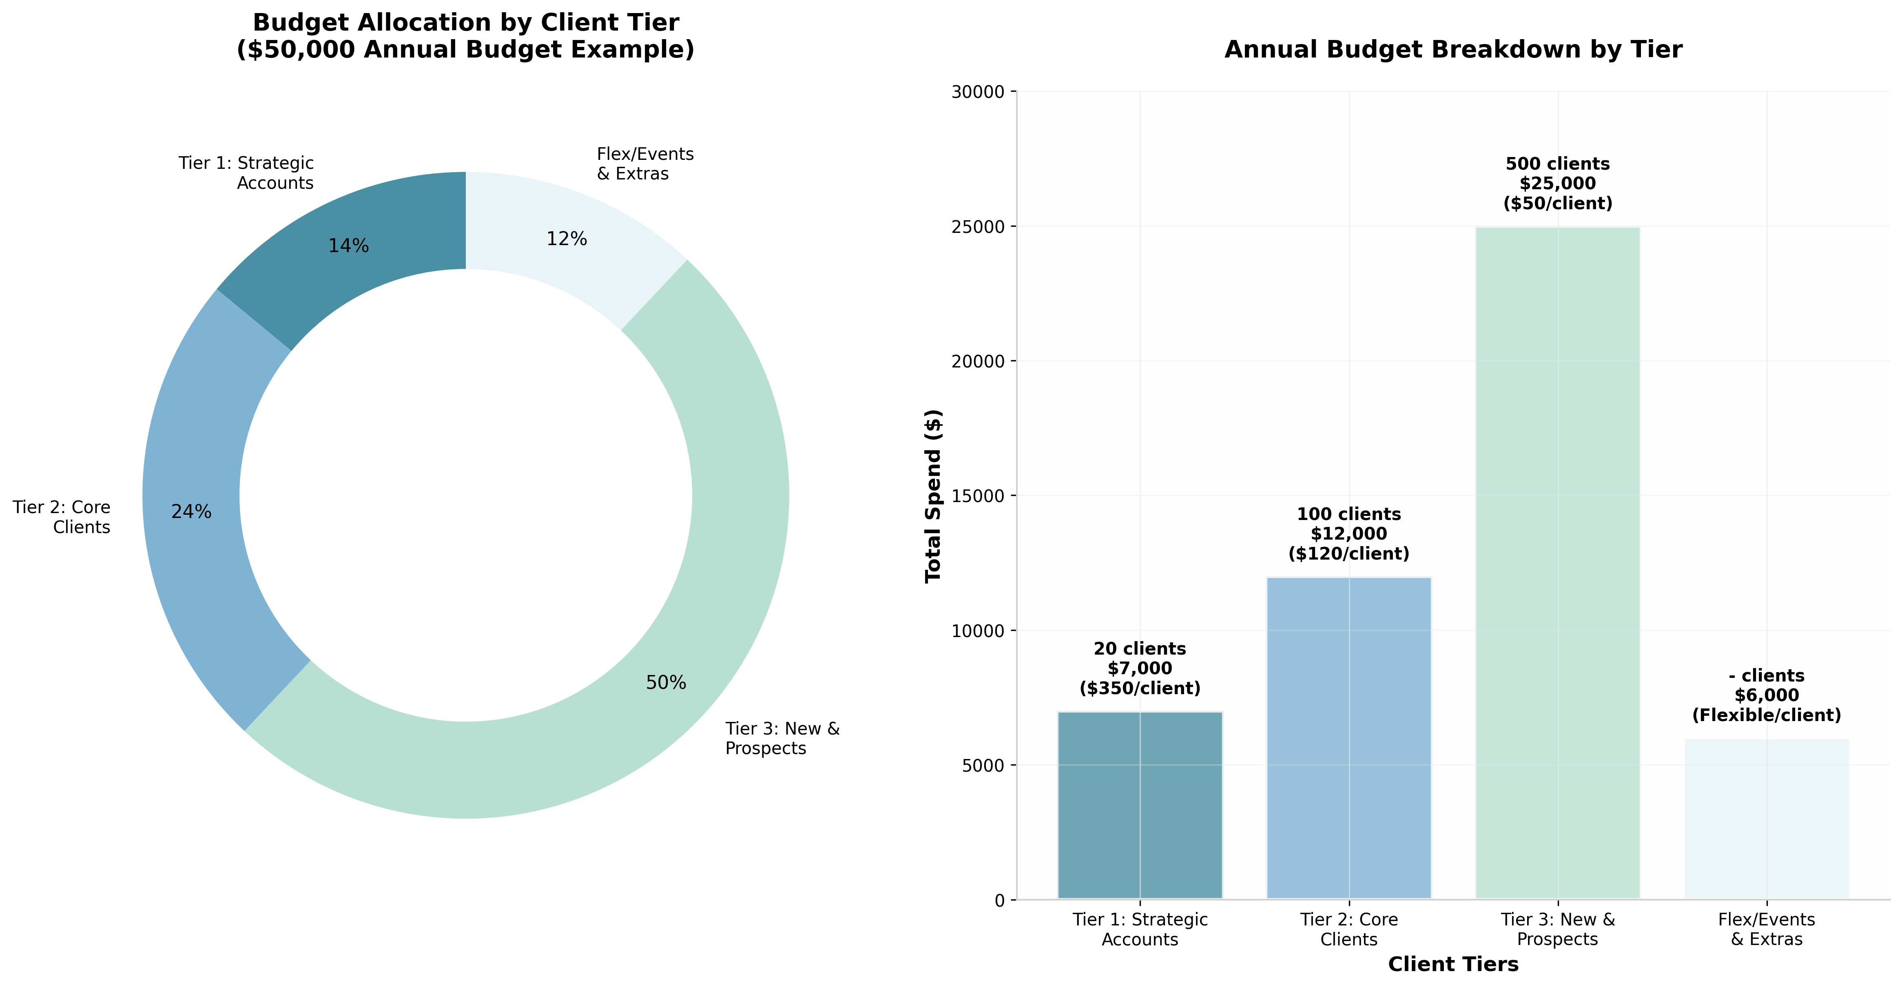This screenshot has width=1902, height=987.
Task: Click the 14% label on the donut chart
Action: pos(348,246)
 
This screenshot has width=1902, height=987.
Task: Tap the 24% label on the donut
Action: pos(191,511)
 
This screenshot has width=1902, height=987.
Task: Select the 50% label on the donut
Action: pos(666,683)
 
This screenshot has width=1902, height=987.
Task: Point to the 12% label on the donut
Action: pos(566,239)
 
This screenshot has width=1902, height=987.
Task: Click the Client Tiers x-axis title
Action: pos(1453,964)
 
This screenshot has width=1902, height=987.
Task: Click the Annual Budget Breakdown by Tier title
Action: pos(1453,49)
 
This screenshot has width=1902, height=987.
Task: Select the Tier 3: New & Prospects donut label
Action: pos(782,738)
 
